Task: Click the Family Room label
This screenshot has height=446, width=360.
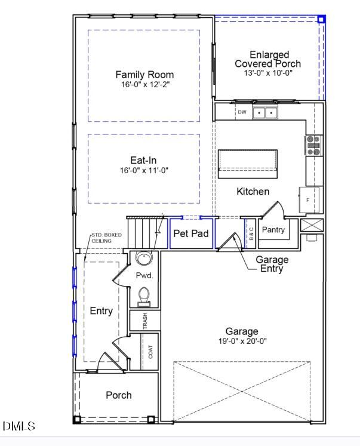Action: pyautogui.click(x=144, y=75)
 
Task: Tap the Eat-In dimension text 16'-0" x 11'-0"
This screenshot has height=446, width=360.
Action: pyautogui.click(x=144, y=170)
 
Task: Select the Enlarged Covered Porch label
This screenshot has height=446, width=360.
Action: pyautogui.click(x=267, y=59)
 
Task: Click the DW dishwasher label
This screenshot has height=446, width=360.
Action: pyautogui.click(x=242, y=112)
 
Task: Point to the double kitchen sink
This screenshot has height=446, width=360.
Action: pyautogui.click(x=265, y=112)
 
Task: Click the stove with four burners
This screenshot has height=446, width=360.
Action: pyautogui.click(x=313, y=145)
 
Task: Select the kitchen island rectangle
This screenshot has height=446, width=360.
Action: pyautogui.click(x=248, y=163)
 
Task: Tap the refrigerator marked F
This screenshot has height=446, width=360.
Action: pyautogui.click(x=309, y=199)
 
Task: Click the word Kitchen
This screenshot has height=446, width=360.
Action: pyautogui.click(x=253, y=192)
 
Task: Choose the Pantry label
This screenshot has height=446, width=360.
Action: pyautogui.click(x=273, y=229)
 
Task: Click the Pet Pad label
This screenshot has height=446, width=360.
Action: pyautogui.click(x=191, y=233)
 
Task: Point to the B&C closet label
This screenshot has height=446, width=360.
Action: pyautogui.click(x=251, y=233)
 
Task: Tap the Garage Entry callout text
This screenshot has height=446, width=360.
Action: pyautogui.click(x=272, y=264)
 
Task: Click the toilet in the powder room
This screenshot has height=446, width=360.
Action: pyautogui.click(x=144, y=296)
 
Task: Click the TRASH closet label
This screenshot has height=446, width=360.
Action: pyautogui.click(x=145, y=321)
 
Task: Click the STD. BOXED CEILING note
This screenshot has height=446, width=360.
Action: pyautogui.click(x=106, y=238)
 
